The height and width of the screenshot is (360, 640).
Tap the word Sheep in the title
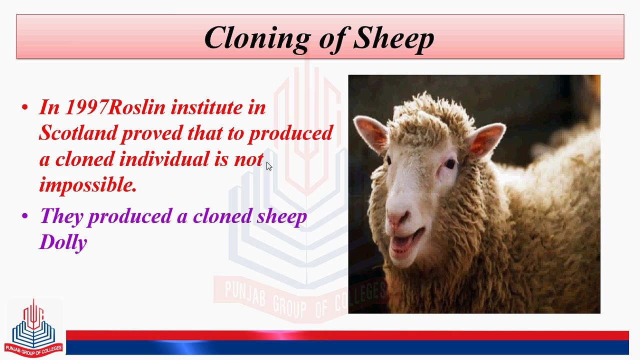point(393,37)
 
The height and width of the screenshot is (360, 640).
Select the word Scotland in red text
point(78,133)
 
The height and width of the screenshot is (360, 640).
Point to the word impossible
point(87,185)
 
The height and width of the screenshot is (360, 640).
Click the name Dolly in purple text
point(63,242)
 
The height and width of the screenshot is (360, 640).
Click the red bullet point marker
point(25,107)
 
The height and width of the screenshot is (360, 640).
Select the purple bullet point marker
point(25,216)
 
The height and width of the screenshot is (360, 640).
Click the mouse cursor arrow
point(268,166)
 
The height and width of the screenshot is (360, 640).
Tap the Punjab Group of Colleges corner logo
point(33,328)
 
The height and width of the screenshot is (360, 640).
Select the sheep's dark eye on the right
point(450,163)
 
